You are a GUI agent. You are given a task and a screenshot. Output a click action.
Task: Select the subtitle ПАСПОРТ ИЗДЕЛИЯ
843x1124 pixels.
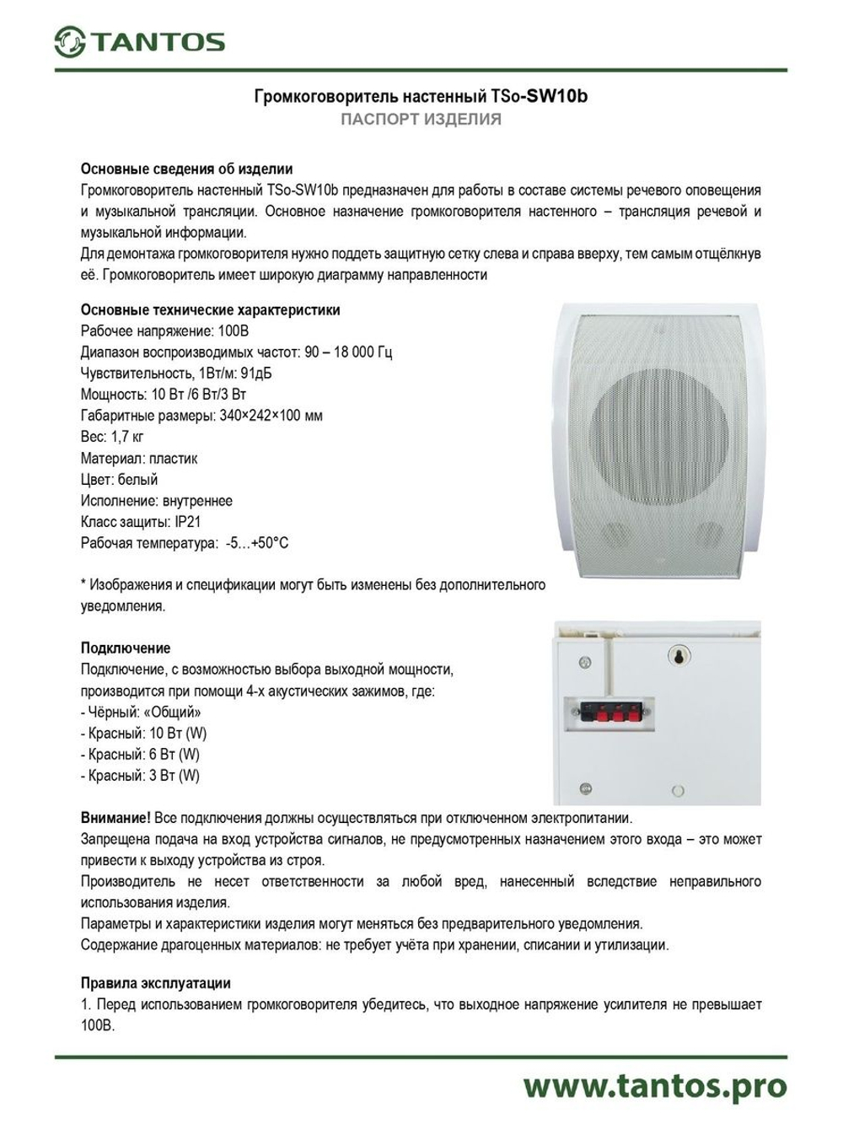(x=421, y=119)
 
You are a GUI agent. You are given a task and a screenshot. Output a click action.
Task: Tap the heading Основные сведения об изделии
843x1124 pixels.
(x=186, y=169)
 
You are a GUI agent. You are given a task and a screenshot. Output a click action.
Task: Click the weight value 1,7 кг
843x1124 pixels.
(x=127, y=437)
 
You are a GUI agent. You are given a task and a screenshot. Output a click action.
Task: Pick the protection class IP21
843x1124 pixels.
(x=188, y=522)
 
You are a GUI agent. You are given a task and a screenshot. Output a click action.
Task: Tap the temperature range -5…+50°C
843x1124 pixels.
(x=256, y=543)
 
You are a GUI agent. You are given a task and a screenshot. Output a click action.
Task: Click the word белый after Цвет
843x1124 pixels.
(x=137, y=480)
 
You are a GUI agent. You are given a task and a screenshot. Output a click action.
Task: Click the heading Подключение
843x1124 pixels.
(x=126, y=648)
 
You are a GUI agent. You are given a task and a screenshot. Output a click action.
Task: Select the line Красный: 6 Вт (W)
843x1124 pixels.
(x=140, y=755)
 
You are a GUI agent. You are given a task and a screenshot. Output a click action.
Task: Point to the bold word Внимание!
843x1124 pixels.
(x=115, y=818)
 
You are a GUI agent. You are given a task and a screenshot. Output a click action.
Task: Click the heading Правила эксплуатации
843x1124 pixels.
(x=155, y=983)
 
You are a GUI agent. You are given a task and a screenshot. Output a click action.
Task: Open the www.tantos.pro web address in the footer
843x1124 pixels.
(x=654, y=1086)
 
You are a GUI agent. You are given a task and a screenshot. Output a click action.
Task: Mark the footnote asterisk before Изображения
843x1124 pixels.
(x=83, y=584)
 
